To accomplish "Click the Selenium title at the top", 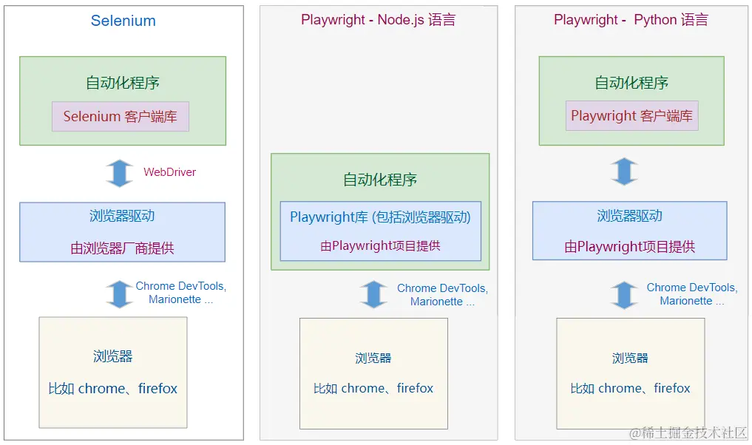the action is click(x=123, y=21).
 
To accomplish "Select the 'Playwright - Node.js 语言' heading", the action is click(x=378, y=20).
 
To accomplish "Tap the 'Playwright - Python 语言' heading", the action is click(x=631, y=20).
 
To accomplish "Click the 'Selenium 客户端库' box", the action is click(x=121, y=117).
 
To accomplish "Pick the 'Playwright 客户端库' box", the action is click(x=631, y=116).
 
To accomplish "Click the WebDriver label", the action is click(x=169, y=172).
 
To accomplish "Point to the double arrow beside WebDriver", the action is click(x=119, y=173).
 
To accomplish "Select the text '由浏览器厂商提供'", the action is click(x=123, y=248).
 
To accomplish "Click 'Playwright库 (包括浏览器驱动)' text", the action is click(x=380, y=217).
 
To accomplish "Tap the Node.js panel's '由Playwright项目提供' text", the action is click(x=380, y=246).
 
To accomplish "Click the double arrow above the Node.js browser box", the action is click(x=373, y=294).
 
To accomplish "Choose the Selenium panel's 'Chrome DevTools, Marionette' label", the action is click(x=180, y=293).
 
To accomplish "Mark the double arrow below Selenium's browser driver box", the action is click(x=119, y=293).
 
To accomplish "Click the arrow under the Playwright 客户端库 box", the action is click(x=625, y=171).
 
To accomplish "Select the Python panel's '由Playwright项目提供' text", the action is click(x=629, y=247).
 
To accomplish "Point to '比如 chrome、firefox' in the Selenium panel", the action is click(x=113, y=389).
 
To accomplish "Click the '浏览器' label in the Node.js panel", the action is click(x=373, y=359).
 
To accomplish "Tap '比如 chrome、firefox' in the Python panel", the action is click(x=630, y=389).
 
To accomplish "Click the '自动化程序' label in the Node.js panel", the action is click(x=380, y=180).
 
